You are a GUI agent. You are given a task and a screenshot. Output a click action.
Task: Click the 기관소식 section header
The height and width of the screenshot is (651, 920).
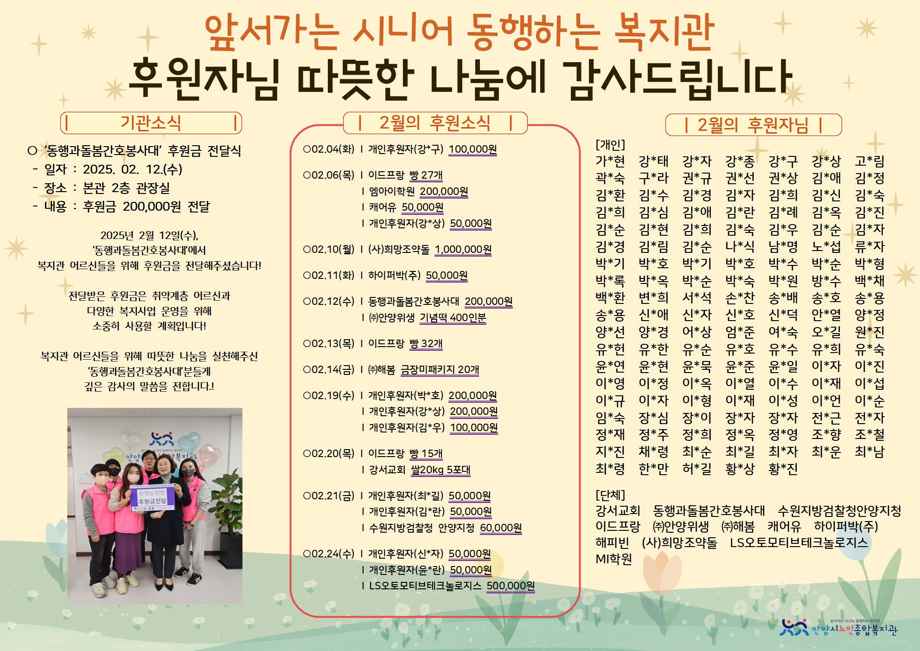coord(151,123)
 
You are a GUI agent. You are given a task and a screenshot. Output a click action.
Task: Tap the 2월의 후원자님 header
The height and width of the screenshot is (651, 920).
coord(753,125)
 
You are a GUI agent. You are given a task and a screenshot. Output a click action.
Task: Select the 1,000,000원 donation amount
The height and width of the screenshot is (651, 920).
coord(463,249)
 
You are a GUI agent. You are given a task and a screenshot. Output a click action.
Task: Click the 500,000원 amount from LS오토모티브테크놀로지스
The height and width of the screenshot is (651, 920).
coord(511,586)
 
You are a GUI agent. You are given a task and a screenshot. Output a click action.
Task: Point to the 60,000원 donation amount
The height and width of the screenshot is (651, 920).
coord(501,528)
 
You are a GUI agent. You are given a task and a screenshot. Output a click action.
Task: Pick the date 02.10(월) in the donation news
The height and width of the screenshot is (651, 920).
coord(328,249)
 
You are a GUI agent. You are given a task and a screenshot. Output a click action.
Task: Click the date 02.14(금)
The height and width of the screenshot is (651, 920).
coord(328,369)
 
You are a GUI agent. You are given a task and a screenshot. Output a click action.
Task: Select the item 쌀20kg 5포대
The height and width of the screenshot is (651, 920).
coord(441,470)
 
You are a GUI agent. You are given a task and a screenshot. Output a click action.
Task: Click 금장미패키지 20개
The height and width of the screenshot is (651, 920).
coord(440,369)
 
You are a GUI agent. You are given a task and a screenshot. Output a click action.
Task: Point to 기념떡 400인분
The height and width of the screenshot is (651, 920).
coord(453,317)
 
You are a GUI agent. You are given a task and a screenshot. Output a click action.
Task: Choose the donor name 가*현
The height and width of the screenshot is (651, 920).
coord(610,161)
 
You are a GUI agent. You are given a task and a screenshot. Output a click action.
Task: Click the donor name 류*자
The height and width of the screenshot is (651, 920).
coord(870,246)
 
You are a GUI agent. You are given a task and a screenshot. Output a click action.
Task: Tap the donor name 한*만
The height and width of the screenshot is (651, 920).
coord(653,469)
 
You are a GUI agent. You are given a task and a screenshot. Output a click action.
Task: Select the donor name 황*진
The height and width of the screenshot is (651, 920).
coord(783,469)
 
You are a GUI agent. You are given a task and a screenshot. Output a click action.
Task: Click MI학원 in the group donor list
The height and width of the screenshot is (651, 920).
coord(614,559)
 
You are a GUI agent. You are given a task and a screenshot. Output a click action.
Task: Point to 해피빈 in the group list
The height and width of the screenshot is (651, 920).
coord(612,542)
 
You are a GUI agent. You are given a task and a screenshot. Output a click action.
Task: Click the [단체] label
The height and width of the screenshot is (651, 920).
coord(610,495)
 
